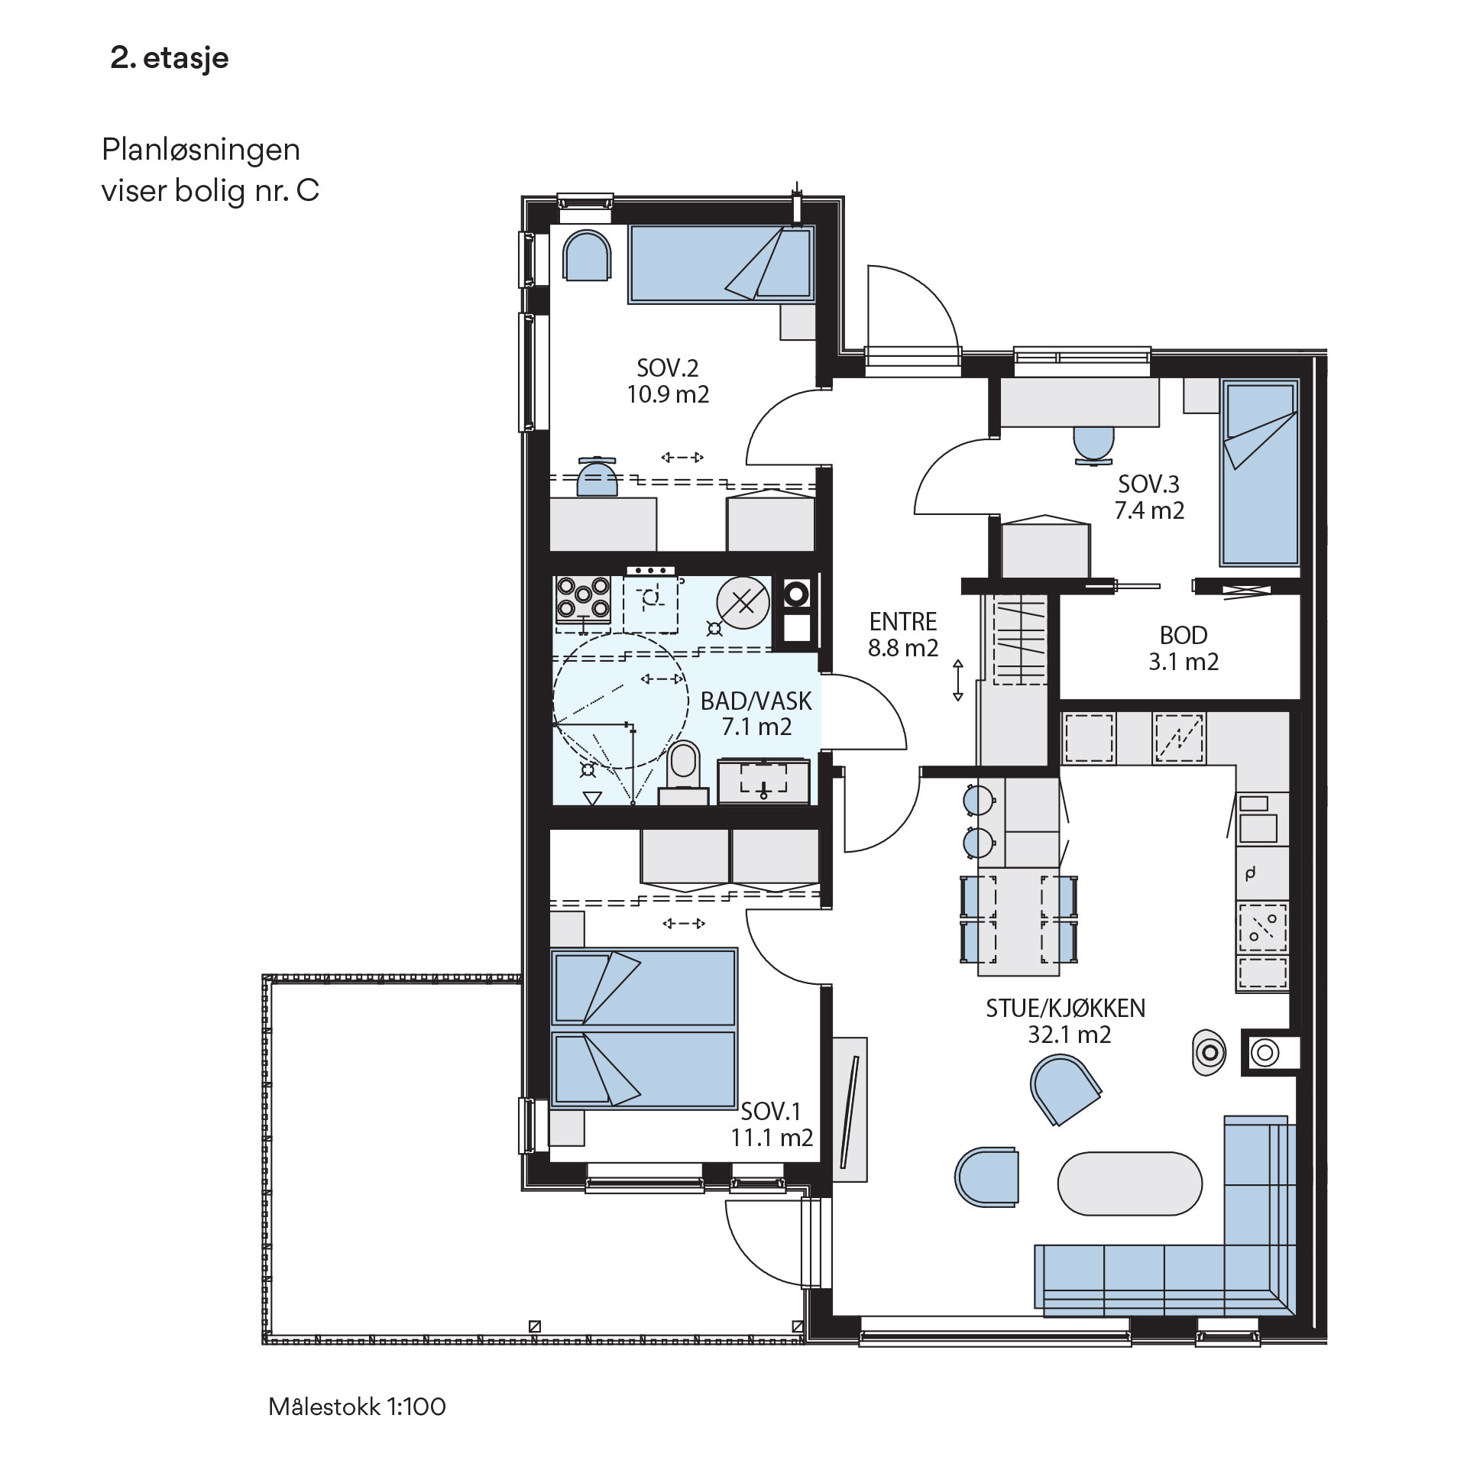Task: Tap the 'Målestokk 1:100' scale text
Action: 357,1407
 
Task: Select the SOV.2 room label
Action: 668,368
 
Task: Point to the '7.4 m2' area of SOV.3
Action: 1149,510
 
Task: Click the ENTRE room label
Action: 903,621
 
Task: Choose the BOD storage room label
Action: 1184,635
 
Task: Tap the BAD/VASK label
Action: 756,701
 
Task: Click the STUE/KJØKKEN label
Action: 1066,1008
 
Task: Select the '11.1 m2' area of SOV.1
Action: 772,1138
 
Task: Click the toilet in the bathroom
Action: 684,771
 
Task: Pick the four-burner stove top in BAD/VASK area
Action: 583,598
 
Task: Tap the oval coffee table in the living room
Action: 1130,1184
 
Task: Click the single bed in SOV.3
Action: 1259,472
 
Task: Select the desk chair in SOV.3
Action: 1093,444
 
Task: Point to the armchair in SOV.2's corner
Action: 587,255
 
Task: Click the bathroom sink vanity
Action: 763,780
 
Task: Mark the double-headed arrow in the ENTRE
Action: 958,680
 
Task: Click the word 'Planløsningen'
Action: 201,151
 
